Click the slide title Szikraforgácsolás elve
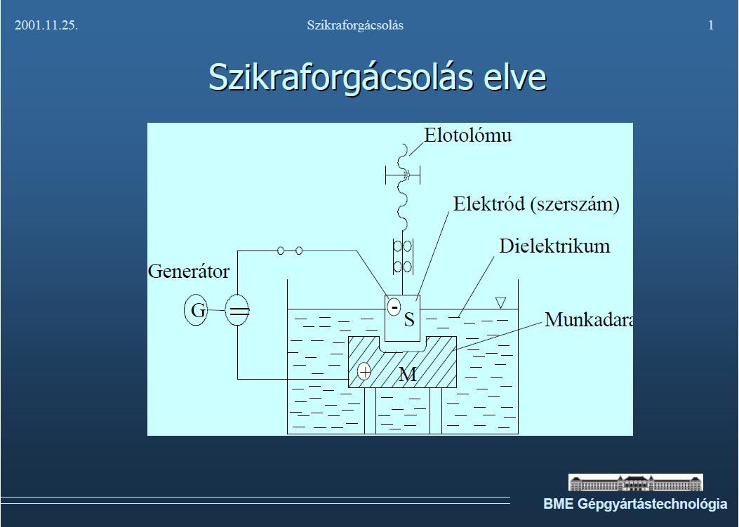coord(377,77)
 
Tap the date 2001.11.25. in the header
coord(46,25)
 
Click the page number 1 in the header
coord(711,25)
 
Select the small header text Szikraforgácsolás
coord(355,25)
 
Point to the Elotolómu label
coord(467,135)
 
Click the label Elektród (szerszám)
coord(536,204)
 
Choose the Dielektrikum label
coord(554,246)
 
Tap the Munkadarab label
coord(589,320)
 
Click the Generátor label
coord(189,272)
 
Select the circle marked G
coord(196,309)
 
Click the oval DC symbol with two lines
coord(237,310)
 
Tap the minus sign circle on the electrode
coord(394,307)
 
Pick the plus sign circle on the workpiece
coord(364,371)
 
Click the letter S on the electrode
coord(409,319)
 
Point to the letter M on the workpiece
coord(408,375)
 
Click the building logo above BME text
coord(635,483)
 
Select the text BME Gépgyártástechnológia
coord(635,504)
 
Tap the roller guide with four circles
coord(403,256)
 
